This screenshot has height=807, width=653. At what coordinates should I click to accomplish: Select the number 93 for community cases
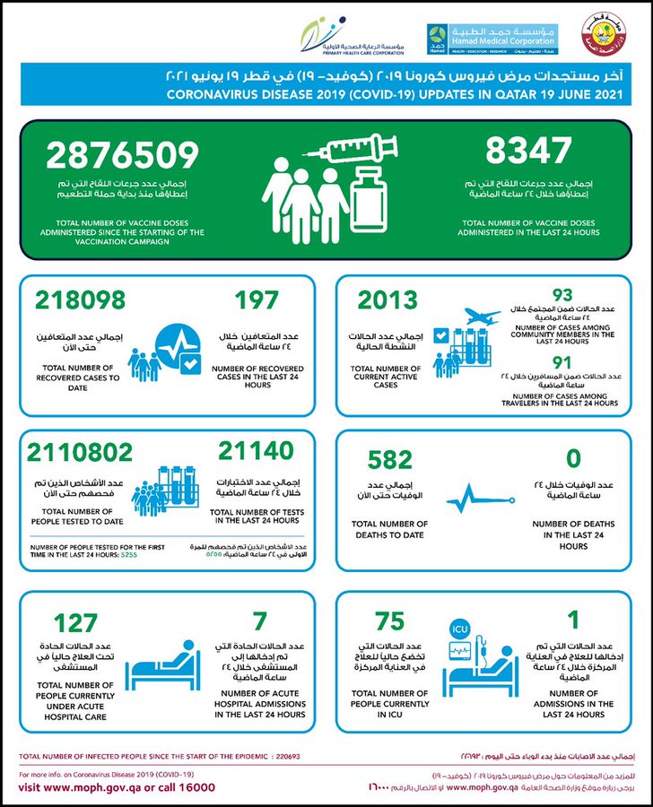[x=562, y=293]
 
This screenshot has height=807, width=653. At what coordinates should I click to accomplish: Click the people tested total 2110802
[x=83, y=452]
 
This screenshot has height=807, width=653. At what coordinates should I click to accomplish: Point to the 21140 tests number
[x=255, y=452]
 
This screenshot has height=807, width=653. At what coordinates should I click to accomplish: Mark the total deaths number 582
[x=390, y=460]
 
